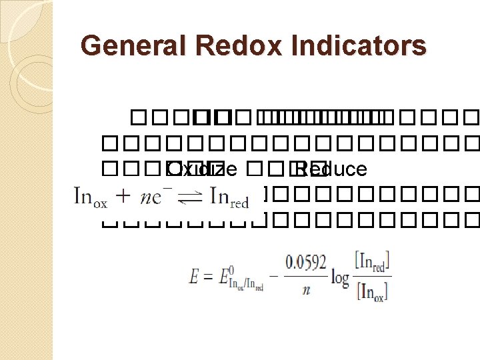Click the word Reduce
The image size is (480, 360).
point(331,169)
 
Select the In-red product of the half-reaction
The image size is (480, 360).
point(229,198)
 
